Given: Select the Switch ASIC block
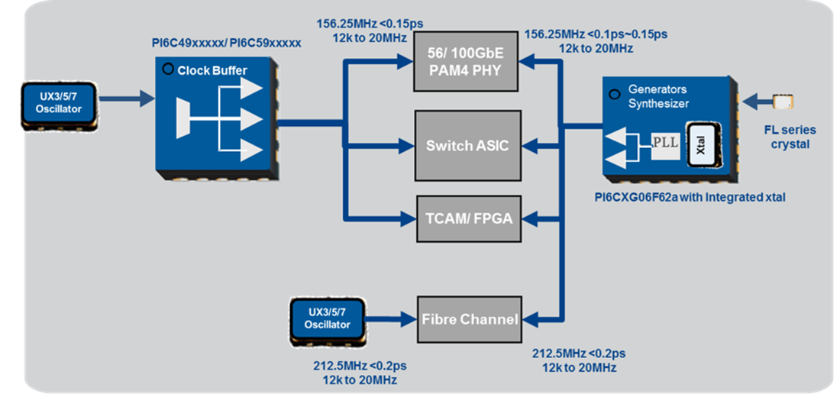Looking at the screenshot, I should [x=467, y=144].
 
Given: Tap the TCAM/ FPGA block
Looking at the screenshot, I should [x=467, y=218].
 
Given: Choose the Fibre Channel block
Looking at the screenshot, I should [x=467, y=319].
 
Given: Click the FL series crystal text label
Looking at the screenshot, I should [x=790, y=137].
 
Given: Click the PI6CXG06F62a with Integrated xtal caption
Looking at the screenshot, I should [x=690, y=197].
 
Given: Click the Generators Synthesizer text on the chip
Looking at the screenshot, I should [x=657, y=96].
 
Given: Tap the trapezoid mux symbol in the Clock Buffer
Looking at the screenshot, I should [x=186, y=118].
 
